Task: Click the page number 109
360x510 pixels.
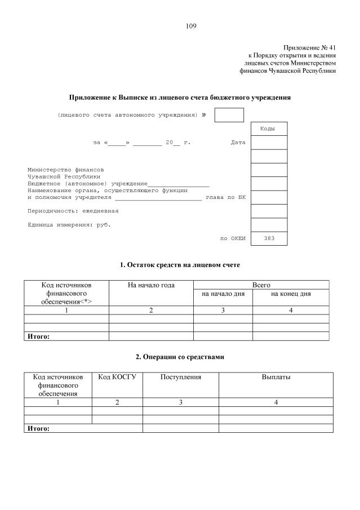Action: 191,26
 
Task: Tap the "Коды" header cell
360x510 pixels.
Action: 268,129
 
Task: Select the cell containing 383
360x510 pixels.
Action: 269,238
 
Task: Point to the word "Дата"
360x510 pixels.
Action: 238,143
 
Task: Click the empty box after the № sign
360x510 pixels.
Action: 229,115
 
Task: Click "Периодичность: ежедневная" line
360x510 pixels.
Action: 73,211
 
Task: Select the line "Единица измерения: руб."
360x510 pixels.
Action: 69,224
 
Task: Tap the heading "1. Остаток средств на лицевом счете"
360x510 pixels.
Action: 180,264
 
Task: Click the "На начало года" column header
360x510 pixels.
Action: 151,285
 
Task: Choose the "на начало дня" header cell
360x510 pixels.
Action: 223,294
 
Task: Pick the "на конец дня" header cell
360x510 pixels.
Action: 291,294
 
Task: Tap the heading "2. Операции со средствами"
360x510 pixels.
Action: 180,357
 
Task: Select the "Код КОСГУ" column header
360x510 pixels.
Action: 117,377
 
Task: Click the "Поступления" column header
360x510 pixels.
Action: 180,377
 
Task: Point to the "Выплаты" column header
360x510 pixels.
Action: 275,377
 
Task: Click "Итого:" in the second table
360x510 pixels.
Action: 39,428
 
